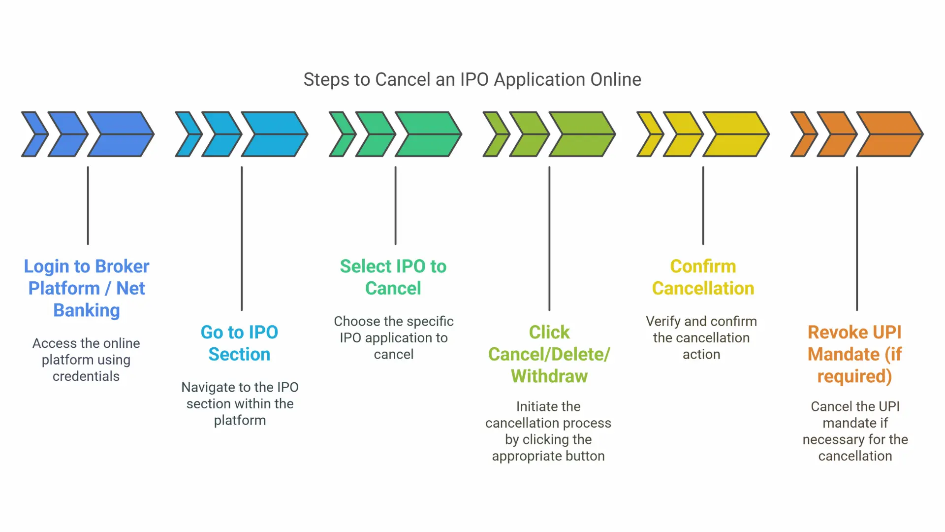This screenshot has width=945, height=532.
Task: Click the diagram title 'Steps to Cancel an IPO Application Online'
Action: [x=472, y=80]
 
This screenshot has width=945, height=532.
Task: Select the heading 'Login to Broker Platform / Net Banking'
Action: [x=87, y=288]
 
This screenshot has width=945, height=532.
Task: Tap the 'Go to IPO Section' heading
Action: [x=240, y=343]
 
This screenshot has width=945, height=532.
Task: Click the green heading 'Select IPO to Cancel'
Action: [x=393, y=277]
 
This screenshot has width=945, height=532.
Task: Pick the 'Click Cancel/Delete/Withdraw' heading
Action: [x=549, y=354]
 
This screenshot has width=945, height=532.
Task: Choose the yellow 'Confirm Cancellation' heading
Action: [x=703, y=277]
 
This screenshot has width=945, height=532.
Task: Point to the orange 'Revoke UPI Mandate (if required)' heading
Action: [x=855, y=354]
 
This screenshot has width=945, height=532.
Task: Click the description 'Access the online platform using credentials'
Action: [x=86, y=360]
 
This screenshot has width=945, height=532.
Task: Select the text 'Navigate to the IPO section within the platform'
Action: [x=240, y=403]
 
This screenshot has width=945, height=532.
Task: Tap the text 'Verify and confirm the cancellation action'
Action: [x=701, y=338]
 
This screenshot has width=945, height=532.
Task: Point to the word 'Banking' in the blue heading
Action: [x=87, y=310]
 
